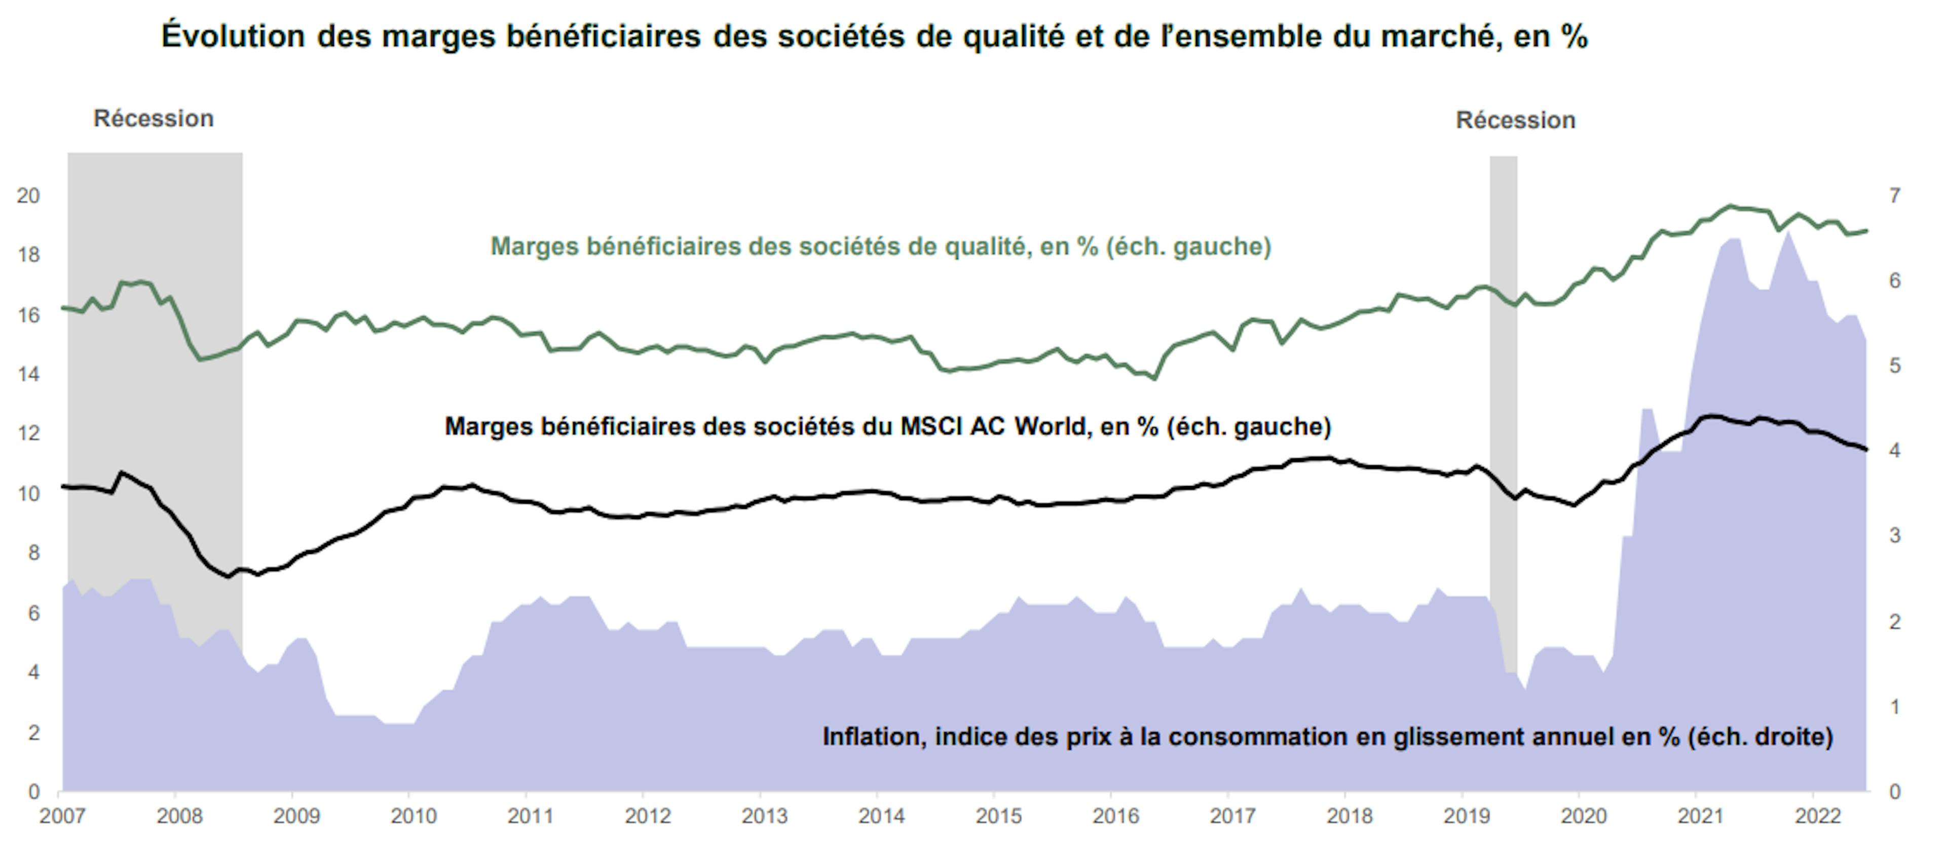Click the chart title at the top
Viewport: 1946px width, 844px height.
pos(874,36)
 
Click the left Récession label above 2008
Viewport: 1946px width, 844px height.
pos(154,118)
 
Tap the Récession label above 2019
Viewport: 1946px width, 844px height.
pos(1515,120)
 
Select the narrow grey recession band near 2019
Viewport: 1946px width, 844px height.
pos(1503,378)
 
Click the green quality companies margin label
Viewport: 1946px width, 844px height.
pos(881,246)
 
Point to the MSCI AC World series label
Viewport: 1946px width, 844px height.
pos(888,426)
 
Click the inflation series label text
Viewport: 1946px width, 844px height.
pos(1327,736)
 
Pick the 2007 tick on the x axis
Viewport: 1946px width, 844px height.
pos(62,816)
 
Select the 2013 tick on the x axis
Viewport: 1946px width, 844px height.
pos(765,816)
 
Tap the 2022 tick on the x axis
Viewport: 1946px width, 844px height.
pos(1818,816)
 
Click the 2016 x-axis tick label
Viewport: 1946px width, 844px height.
pos(1116,816)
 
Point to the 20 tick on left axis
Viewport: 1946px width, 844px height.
pos(28,195)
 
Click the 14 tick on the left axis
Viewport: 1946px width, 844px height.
pos(28,374)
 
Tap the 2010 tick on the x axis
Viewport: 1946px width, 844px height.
pos(413,816)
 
